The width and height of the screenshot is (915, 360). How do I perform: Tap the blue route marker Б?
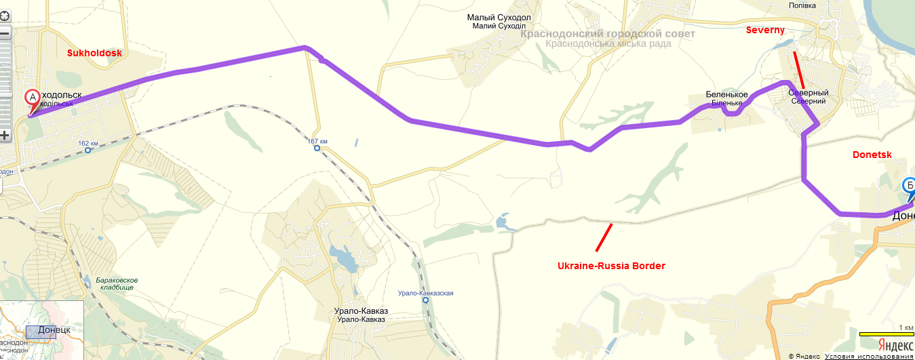pos(910,185)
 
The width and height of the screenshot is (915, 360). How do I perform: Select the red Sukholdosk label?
pos(94,52)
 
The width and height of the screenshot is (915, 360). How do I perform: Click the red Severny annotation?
pos(765,31)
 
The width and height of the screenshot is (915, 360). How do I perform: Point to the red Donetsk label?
pos(872,155)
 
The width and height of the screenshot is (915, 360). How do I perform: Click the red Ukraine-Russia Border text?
pos(611,266)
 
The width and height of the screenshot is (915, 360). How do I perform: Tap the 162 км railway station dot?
pos(88,151)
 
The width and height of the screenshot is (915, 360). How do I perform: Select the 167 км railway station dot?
pos(317,148)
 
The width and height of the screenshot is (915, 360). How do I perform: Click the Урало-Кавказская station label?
pos(425,294)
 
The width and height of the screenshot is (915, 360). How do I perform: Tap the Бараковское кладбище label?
pos(113,283)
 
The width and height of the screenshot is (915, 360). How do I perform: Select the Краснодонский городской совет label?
pos(608,34)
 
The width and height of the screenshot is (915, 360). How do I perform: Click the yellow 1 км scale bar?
pos(886,334)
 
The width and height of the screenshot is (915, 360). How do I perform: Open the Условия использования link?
pos(869,356)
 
